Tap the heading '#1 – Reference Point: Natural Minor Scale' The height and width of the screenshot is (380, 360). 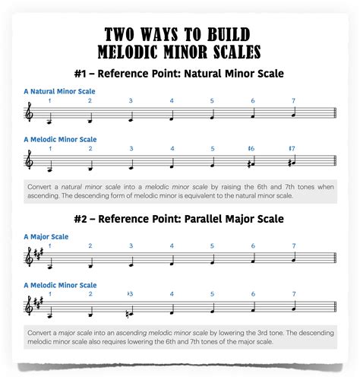(x=179, y=73)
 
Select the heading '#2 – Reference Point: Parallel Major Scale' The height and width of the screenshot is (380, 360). (x=179, y=219)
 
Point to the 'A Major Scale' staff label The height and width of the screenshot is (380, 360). (x=46, y=236)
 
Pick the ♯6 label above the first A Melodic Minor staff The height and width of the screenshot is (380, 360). (x=251, y=148)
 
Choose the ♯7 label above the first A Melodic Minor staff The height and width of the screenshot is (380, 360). (x=292, y=148)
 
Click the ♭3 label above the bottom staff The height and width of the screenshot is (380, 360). (x=130, y=293)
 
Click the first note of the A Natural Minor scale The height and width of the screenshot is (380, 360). (x=49, y=120)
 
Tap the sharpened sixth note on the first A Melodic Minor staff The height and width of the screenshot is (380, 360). (x=252, y=163)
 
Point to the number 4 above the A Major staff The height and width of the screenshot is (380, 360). (x=172, y=245)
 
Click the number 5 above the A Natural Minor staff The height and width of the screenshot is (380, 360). (x=213, y=100)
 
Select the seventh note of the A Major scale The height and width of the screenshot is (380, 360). (x=293, y=258)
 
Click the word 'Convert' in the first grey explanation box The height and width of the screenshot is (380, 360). (x=39, y=187)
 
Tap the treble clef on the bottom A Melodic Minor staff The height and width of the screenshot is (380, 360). (x=30, y=307)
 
